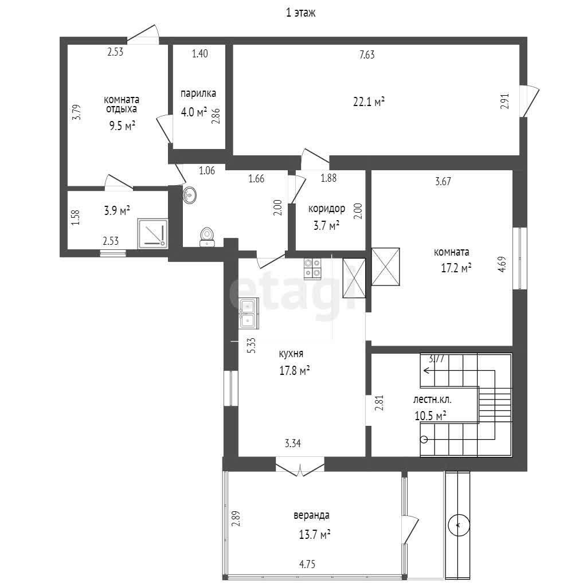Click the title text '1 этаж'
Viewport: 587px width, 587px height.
pyautogui.click(x=300, y=13)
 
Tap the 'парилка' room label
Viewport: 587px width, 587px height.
pyautogui.click(x=198, y=93)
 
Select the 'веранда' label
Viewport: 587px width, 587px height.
pyautogui.click(x=311, y=515)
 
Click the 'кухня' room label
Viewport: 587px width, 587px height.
pyautogui.click(x=291, y=354)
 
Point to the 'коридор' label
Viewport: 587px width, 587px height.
pyautogui.click(x=326, y=209)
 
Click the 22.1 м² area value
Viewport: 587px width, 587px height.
pyautogui.click(x=369, y=101)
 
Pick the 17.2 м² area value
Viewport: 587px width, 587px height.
pyautogui.click(x=456, y=268)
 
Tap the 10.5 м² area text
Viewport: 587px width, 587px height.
pyautogui.click(x=431, y=416)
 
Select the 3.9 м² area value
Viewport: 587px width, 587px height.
pyautogui.click(x=117, y=211)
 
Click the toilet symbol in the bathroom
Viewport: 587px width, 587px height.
pyautogui.click(x=206, y=237)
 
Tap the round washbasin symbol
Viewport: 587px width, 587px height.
pyautogui.click(x=190, y=195)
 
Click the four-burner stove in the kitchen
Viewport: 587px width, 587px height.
pyautogui.click(x=312, y=269)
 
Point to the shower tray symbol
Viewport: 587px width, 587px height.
pyautogui.click(x=152, y=234)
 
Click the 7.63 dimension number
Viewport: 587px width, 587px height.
pyautogui.click(x=367, y=54)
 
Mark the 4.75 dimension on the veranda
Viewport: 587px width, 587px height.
pyautogui.click(x=307, y=564)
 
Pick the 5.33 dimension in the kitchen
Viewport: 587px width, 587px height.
pyautogui.click(x=252, y=346)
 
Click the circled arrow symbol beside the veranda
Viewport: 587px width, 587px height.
pyautogui.click(x=459, y=526)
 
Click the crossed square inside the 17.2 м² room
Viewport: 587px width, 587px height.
pyautogui.click(x=386, y=267)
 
